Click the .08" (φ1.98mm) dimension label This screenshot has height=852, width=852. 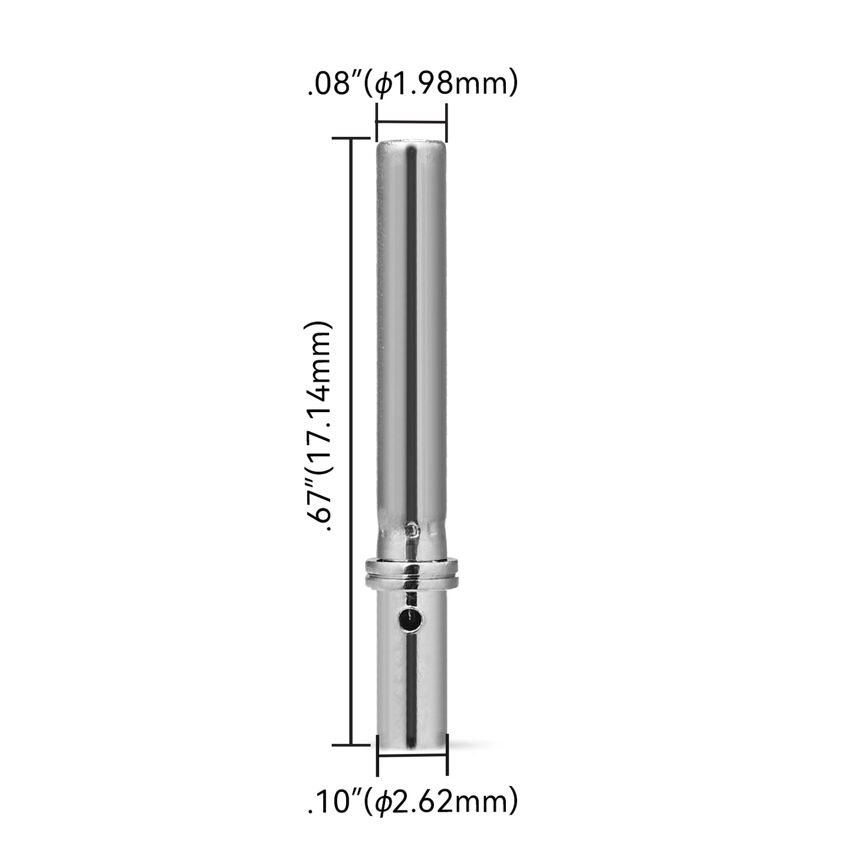click(412, 82)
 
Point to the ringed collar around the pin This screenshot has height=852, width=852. click(412, 573)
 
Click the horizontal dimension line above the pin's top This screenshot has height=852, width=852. click(411, 121)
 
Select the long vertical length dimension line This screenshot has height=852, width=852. click(351, 441)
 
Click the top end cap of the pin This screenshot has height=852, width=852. click(411, 144)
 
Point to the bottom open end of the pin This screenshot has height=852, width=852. click(412, 741)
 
